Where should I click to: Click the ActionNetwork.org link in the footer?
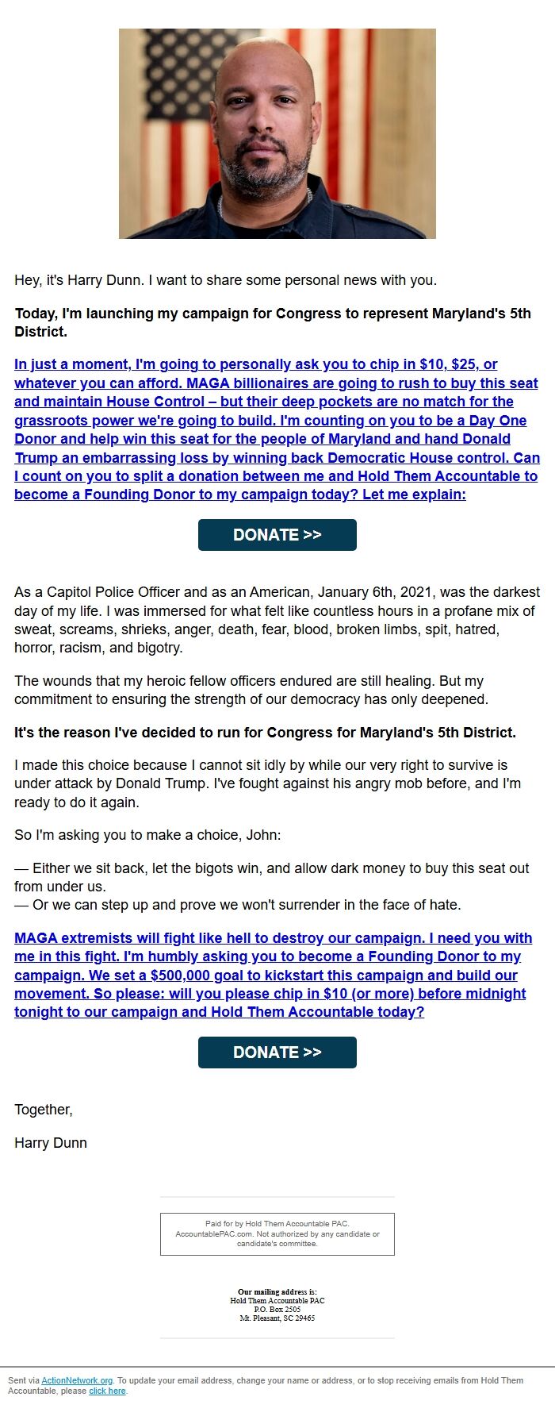coord(77,1380)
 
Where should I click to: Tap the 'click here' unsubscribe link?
coord(107,1391)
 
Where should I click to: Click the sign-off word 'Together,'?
coord(44,1110)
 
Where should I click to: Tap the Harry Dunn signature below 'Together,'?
coord(51,1143)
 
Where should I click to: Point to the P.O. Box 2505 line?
coord(277,1309)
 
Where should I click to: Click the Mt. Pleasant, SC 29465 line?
coord(277,1318)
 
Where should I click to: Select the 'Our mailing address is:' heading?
coord(277,1292)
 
